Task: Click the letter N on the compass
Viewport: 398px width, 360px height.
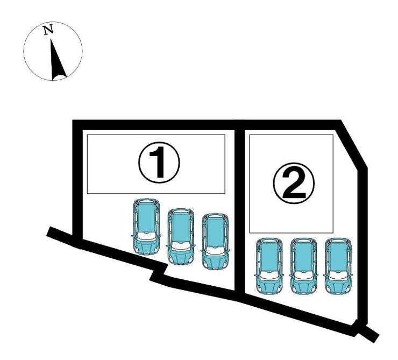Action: (x=48, y=30)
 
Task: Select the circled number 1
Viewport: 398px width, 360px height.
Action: (x=159, y=163)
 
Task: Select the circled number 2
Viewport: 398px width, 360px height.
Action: (x=294, y=183)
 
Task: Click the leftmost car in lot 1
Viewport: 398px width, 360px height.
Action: (x=146, y=227)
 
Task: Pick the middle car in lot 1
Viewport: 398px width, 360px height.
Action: (x=181, y=237)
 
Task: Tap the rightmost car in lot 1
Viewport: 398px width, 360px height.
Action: (x=215, y=242)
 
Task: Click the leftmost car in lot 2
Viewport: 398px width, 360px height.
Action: (x=269, y=266)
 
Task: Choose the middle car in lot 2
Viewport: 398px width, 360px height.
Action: (x=303, y=266)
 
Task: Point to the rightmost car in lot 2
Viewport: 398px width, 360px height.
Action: (x=338, y=266)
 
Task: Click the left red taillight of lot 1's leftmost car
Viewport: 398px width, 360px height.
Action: (x=137, y=202)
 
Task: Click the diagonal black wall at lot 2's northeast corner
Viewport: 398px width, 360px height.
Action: (x=353, y=145)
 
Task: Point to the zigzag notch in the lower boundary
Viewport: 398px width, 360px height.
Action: (x=159, y=272)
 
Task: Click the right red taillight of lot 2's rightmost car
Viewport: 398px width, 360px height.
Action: (x=348, y=242)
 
